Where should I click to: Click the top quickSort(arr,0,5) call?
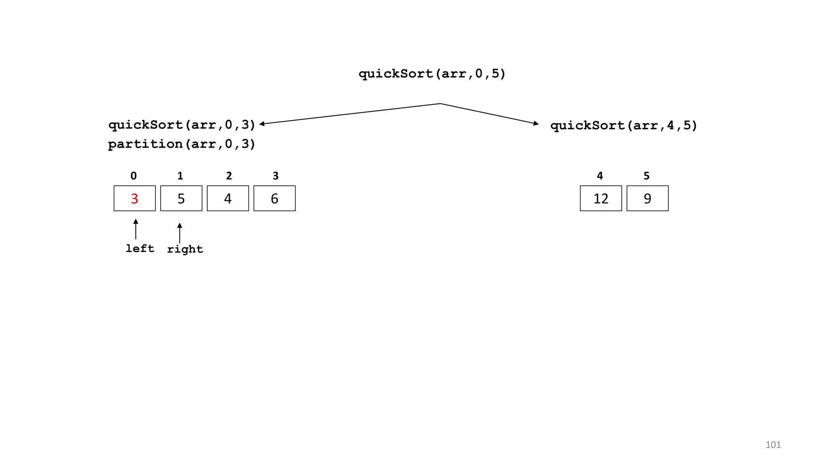pos(432,74)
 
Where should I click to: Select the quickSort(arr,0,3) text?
pos(182,125)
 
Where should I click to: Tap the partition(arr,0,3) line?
pos(182,144)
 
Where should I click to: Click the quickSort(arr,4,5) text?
pos(623,125)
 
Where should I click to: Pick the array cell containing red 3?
pos(134,198)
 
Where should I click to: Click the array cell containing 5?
pos(181,198)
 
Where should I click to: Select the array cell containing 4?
pos(227,198)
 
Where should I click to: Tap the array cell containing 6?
pos(274,198)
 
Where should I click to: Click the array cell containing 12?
pos(601,198)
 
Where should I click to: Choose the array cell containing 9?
pos(647,198)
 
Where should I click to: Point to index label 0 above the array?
pos(134,176)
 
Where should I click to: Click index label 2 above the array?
pos(229,176)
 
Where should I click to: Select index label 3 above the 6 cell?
pos(276,176)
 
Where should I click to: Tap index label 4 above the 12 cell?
pos(600,176)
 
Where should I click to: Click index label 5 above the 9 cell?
pos(646,176)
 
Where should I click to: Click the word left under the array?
pos(140,248)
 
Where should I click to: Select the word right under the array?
pos(185,249)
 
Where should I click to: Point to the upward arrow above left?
pos(136,229)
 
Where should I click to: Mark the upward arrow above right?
pos(180,233)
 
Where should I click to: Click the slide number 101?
pos(773,445)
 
